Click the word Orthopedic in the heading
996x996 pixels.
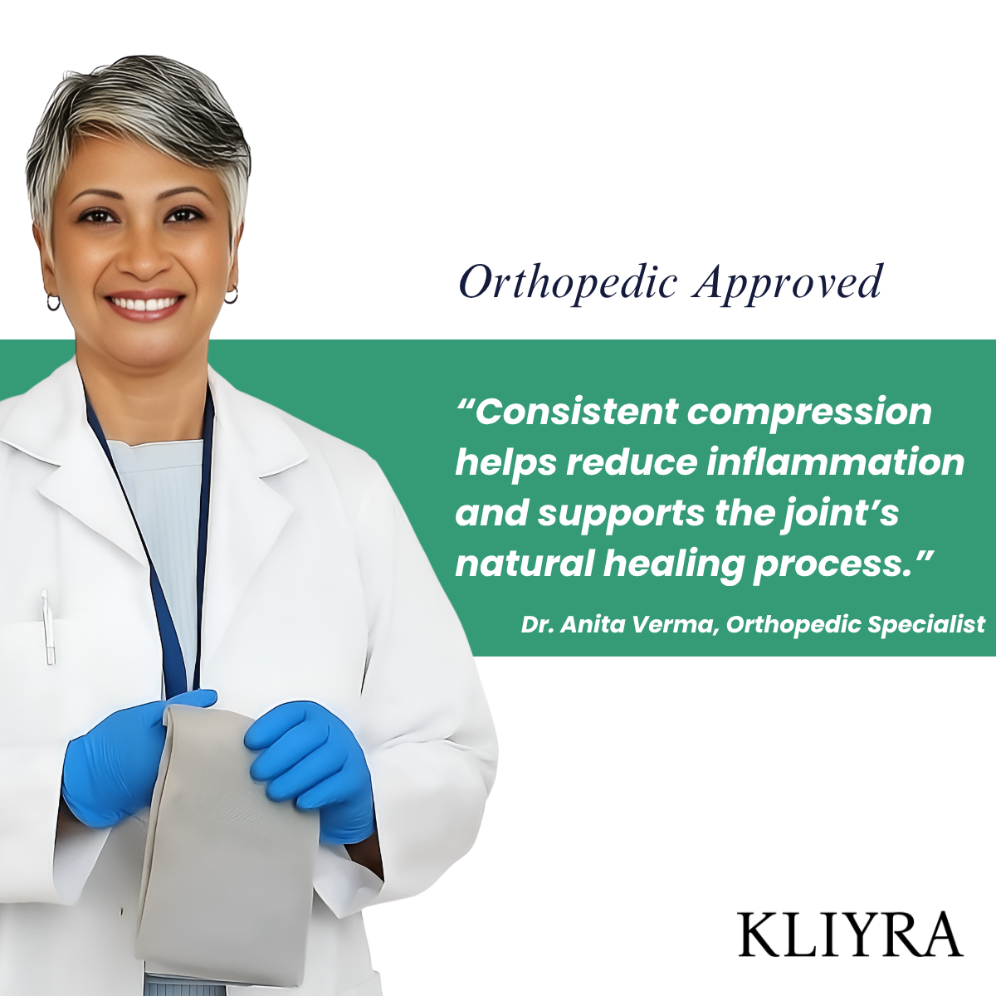coord(568,283)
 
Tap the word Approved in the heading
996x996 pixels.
coord(787,283)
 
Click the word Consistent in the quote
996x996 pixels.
coord(567,412)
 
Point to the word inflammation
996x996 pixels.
coord(836,462)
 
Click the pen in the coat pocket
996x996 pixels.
coord(48,627)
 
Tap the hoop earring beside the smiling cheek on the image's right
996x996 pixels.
coord(231,295)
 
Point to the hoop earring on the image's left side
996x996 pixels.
coord(53,302)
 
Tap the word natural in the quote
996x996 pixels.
coord(525,564)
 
